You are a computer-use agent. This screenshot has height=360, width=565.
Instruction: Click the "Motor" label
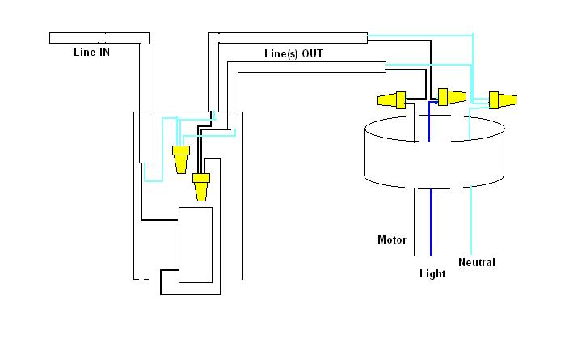[x=391, y=239]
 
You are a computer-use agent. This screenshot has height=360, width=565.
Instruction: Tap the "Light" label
[x=432, y=273]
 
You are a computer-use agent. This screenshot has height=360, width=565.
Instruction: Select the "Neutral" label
[x=476, y=262]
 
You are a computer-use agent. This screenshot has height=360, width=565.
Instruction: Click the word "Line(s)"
[x=281, y=53]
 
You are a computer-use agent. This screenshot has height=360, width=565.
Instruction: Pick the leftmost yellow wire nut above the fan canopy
[x=392, y=101]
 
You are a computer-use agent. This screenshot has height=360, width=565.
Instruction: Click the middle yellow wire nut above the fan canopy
[x=451, y=98]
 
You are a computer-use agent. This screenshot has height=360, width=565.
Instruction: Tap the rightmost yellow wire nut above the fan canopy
[x=501, y=100]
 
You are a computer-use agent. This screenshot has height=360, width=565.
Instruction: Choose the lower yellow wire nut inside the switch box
[x=200, y=187]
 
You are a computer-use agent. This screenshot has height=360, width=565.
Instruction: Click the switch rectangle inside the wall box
[x=195, y=244]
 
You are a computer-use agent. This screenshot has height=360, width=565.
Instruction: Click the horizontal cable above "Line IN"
[x=97, y=38]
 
